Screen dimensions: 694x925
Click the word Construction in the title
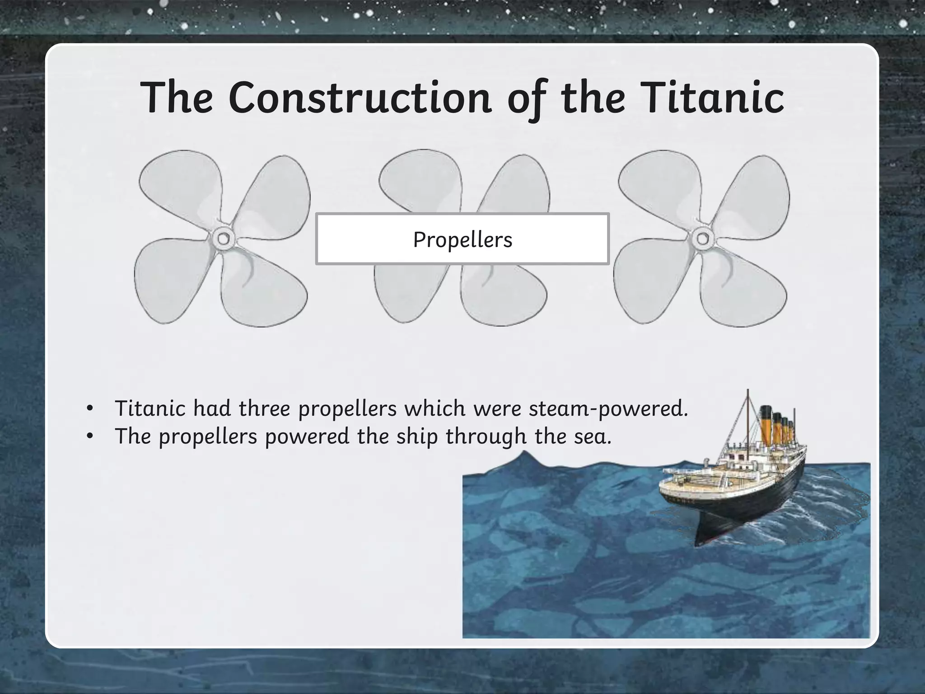pos(360,98)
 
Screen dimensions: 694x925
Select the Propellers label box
pos(462,239)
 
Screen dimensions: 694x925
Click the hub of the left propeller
pos(223,238)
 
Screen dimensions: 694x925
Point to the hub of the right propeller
pos(702,238)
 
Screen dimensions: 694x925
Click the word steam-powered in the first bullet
pos(608,408)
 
